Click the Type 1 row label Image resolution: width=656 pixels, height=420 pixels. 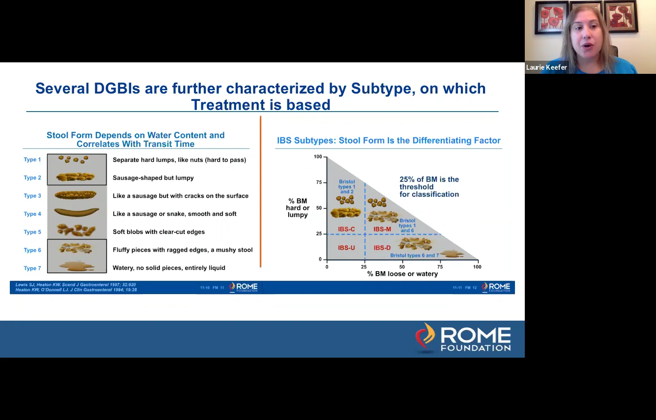(x=32, y=160)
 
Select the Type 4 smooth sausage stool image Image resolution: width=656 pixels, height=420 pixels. (x=77, y=212)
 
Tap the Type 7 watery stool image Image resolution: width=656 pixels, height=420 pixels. (x=77, y=266)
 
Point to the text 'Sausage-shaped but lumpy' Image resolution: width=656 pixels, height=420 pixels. (x=153, y=178)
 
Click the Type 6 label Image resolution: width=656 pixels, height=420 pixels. (x=32, y=250)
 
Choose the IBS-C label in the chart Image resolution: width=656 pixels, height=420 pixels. (x=346, y=229)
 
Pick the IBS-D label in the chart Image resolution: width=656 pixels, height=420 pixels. (x=382, y=248)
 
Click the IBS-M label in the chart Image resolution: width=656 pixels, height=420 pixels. (x=382, y=229)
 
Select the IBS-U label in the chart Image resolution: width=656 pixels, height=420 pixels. (x=346, y=248)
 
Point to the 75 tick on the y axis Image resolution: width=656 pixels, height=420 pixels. (x=319, y=182)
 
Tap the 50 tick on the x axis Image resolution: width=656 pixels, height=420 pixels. (x=402, y=267)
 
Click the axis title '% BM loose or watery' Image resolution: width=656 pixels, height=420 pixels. (x=402, y=274)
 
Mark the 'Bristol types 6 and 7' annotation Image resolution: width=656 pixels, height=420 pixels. (x=414, y=256)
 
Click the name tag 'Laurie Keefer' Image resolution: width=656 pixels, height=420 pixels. (x=546, y=67)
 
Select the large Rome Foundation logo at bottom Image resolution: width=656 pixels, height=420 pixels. (x=463, y=338)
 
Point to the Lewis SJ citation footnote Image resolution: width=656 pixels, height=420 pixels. (x=75, y=285)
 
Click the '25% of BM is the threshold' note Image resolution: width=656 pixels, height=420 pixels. (x=429, y=187)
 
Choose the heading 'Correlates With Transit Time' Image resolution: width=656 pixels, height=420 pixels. (x=135, y=144)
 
